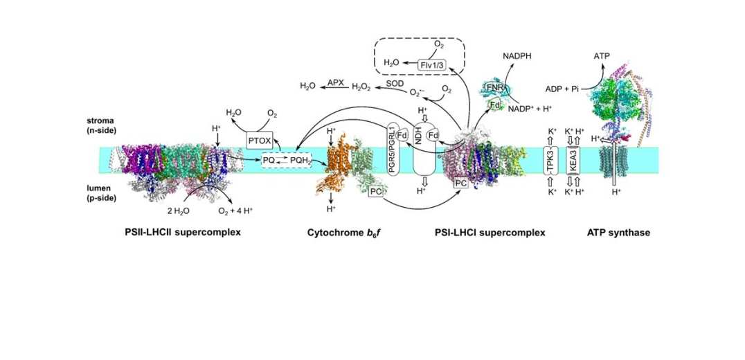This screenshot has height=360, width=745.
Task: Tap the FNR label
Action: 494,88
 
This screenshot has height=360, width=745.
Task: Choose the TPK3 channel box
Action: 552,162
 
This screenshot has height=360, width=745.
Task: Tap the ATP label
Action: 601,56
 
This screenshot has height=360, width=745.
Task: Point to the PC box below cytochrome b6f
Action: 377,191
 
